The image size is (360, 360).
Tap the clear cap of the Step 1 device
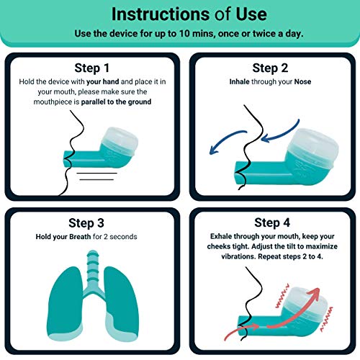(126, 133)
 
